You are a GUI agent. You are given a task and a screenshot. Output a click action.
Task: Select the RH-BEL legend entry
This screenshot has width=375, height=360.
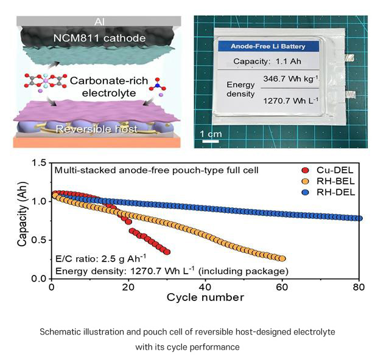click(324, 181)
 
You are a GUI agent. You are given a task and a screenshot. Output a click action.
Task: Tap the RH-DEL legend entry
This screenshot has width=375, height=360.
click(324, 192)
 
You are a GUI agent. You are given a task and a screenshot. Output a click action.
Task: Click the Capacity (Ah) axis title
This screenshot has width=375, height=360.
click(23, 220)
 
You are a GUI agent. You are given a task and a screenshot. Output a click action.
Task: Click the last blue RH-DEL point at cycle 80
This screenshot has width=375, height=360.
click(359, 218)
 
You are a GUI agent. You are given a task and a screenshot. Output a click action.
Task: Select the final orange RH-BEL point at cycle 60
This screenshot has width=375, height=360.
click(282, 258)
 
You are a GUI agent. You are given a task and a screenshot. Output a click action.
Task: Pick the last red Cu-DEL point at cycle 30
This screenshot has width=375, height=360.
click(167, 252)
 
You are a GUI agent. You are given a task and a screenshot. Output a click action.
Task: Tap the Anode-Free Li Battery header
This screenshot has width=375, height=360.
click(267, 46)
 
